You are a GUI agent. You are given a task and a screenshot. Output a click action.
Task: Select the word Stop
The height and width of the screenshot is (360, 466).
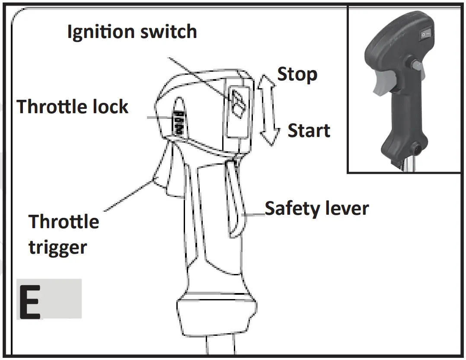297,74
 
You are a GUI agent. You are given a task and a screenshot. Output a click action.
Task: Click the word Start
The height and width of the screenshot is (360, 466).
309,131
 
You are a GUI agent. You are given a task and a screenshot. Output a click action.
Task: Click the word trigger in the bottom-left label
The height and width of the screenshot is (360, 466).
57,248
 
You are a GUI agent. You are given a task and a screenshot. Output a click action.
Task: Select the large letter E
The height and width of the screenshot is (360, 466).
29,300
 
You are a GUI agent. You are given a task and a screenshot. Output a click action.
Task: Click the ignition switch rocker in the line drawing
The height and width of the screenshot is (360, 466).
238,104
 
